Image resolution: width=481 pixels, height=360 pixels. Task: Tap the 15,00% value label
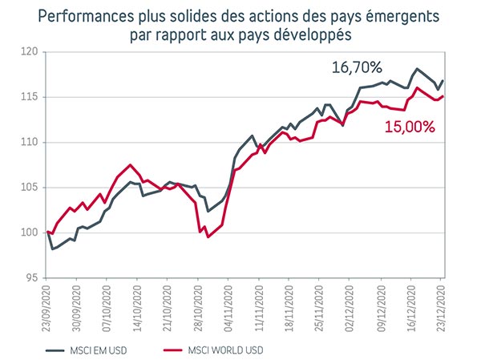[410, 126]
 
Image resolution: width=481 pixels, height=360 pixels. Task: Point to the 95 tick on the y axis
[32, 278]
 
